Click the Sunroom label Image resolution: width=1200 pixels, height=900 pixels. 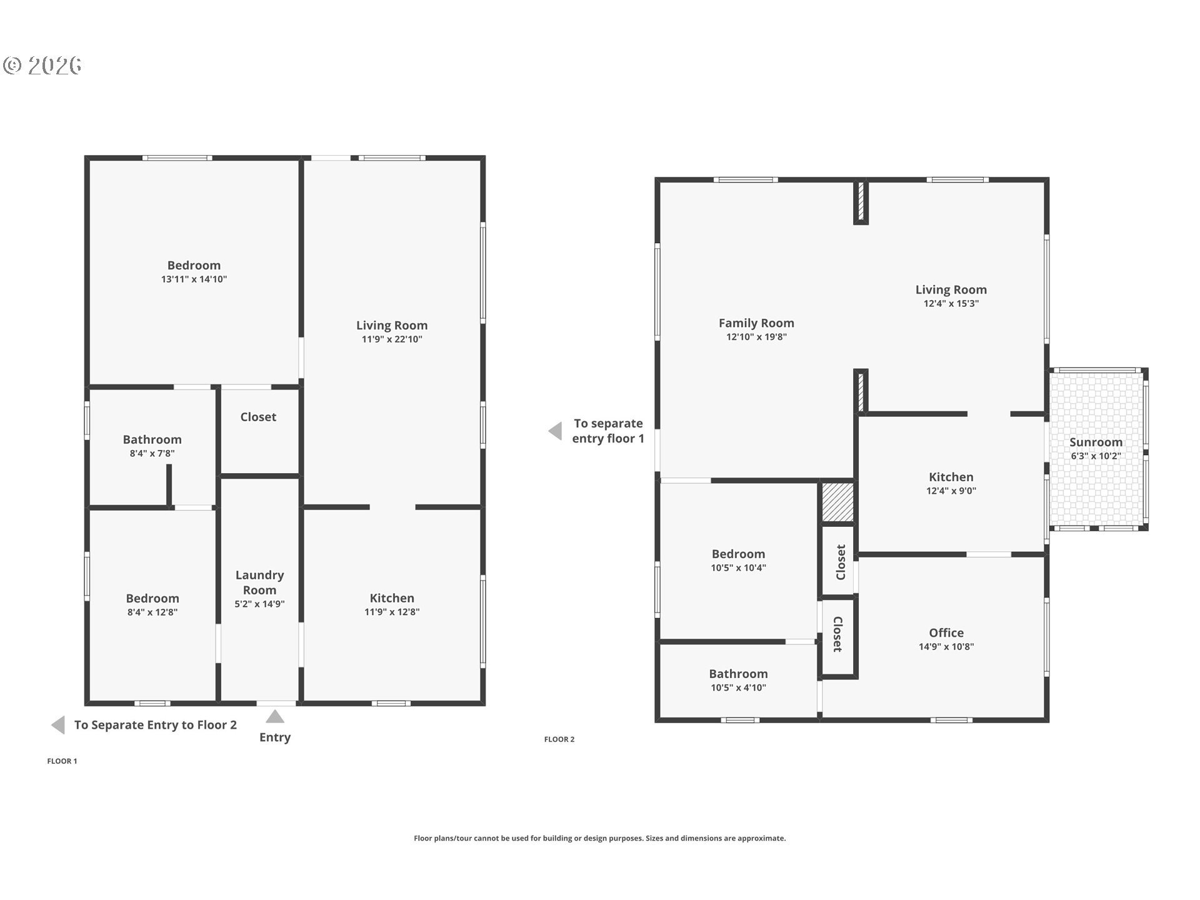point(1096,442)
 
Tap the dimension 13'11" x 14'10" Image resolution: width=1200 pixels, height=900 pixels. point(194,279)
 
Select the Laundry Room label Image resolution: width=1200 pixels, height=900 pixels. point(259,582)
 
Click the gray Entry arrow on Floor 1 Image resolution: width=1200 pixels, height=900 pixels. point(275,716)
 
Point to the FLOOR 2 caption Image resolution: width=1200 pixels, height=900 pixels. point(559,739)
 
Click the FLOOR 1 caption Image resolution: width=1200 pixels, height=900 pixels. point(62,761)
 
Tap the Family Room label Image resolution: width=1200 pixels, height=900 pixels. point(756,323)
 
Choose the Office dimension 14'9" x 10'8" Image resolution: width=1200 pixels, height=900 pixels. point(946,647)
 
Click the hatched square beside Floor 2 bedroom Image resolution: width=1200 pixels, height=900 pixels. point(837,502)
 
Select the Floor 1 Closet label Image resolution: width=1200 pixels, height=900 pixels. point(258,417)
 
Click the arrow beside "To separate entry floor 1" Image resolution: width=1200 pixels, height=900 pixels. point(555,431)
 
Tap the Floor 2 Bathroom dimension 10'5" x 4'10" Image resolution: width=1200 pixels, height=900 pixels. point(738,687)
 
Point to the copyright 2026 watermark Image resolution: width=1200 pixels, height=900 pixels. point(42,65)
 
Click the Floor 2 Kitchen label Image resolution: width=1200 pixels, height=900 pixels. point(951,477)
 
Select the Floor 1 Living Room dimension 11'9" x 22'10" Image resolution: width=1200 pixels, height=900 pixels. point(392,339)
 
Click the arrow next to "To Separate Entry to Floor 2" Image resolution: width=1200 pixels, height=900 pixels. point(58,725)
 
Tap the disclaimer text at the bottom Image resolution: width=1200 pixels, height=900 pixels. point(599,838)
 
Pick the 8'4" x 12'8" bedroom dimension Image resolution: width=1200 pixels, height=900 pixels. point(152,612)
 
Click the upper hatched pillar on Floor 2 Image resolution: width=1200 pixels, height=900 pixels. point(861,202)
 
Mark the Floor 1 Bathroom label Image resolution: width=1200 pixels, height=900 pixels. point(152,439)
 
